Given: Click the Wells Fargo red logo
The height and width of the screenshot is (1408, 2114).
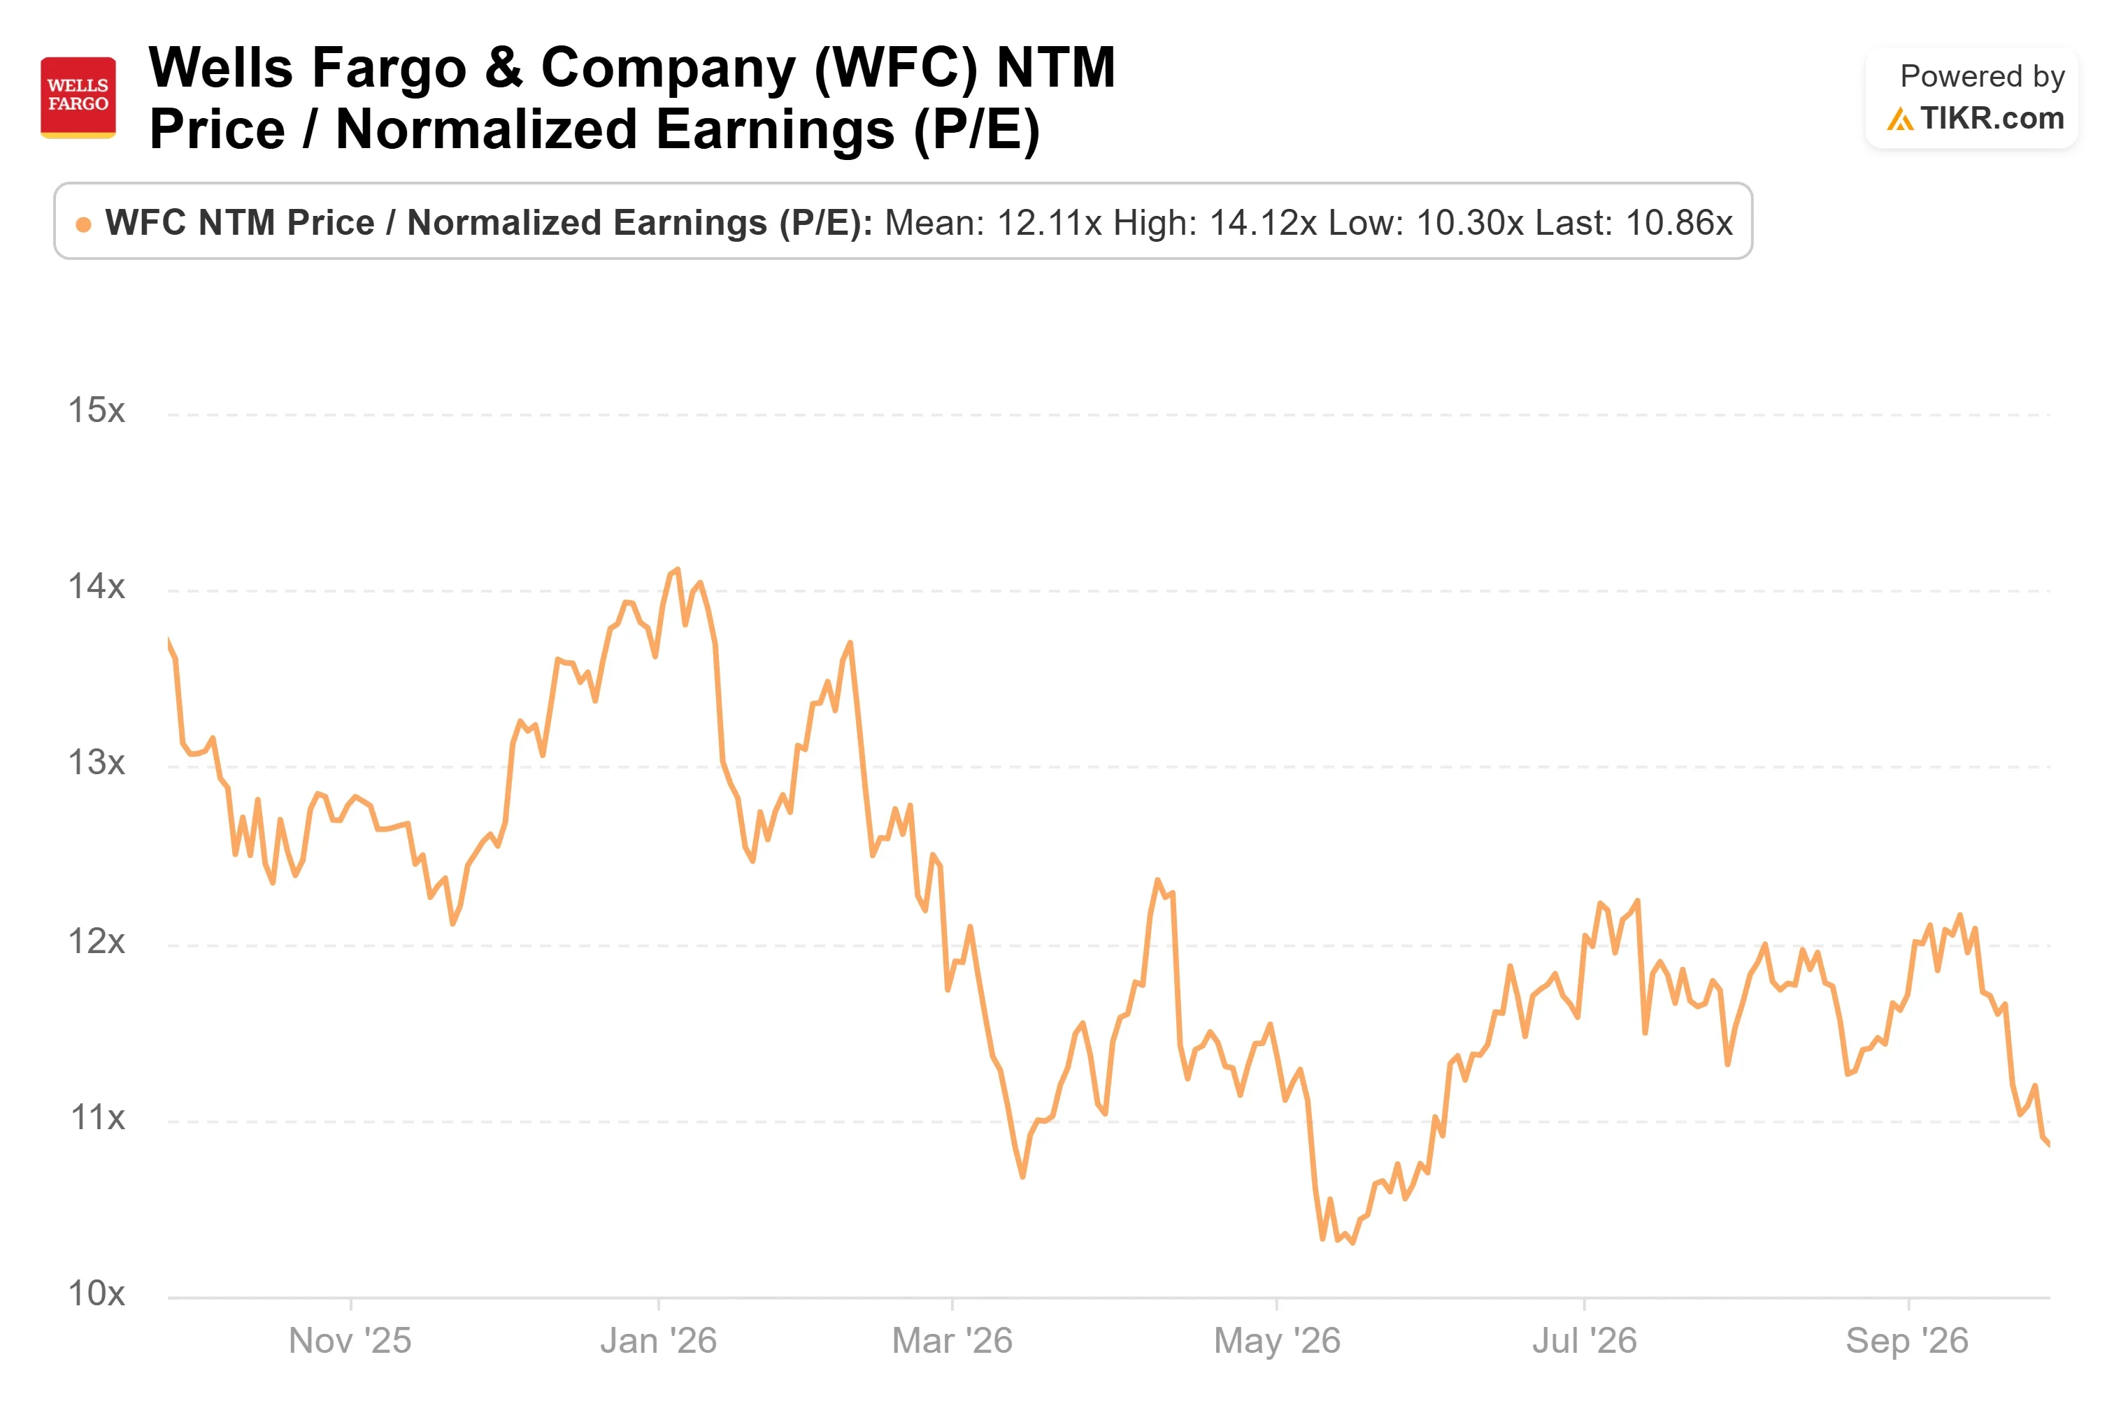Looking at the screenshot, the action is (78, 98).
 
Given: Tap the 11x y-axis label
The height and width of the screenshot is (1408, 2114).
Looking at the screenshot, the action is (97, 1117).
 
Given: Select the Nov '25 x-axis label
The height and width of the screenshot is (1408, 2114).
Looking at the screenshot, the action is (350, 1341).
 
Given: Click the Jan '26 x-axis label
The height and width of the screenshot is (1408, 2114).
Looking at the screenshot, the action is (659, 1341).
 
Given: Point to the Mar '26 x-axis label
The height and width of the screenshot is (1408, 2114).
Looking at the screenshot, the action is (952, 1341).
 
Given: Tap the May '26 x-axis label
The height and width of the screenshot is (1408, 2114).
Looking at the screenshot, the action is (1277, 1341).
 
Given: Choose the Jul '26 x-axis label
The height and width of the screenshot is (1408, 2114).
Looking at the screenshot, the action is (1584, 1341).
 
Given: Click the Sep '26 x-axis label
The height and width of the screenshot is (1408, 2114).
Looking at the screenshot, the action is (1908, 1341).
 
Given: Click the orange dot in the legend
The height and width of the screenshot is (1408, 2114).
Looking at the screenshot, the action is (83, 224).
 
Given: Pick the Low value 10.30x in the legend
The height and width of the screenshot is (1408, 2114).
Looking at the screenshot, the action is (1470, 223).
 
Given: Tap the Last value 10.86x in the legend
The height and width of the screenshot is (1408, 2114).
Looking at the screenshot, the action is (1678, 223).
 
